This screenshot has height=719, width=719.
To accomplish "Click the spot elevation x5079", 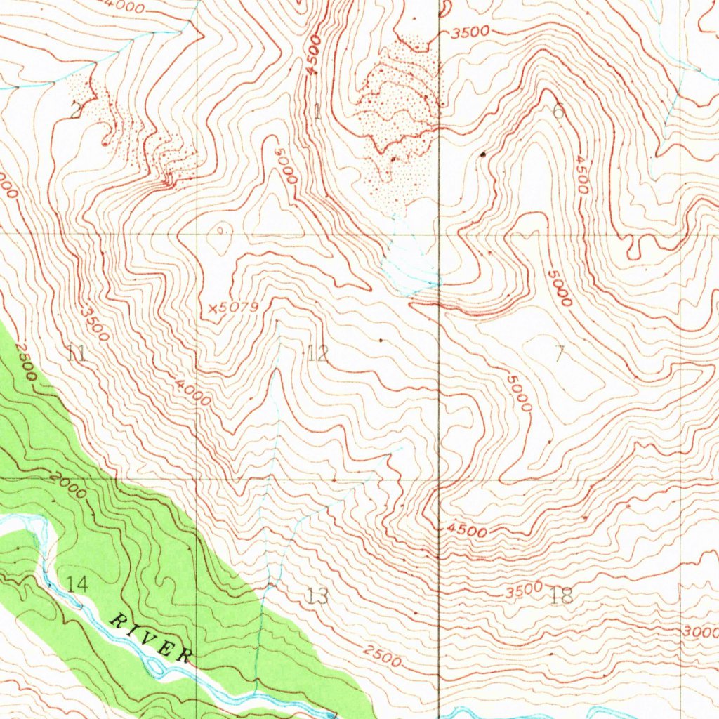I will point(234,308).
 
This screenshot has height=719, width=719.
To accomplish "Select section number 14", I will point(78,582).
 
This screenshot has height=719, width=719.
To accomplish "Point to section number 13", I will point(317,596).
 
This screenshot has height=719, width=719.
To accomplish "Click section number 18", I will point(562,596).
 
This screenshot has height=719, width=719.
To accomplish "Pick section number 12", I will point(317,352).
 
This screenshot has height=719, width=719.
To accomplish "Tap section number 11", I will point(77,353).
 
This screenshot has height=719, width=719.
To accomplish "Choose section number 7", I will point(559,352).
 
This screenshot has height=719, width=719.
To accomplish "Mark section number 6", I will point(559,110).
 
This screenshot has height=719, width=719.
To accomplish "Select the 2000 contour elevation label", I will point(68,485).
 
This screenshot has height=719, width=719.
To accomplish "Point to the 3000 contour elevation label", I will point(700,632).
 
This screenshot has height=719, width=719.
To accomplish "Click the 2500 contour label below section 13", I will point(382,657).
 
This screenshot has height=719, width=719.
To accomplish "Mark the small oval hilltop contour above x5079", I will point(222,229).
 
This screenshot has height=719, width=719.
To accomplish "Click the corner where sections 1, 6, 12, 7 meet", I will point(440,234).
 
